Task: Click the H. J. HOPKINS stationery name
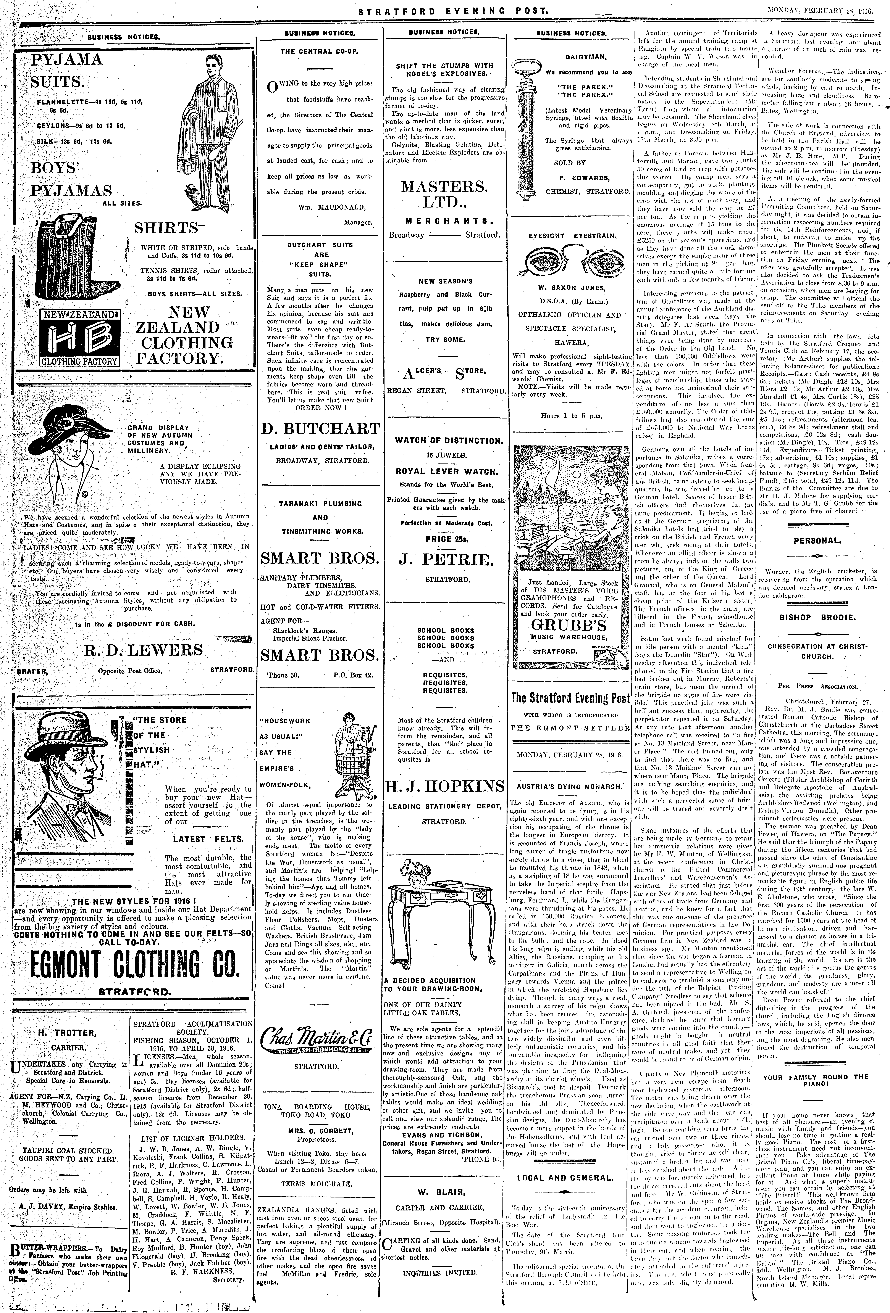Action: [x=445, y=786]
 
